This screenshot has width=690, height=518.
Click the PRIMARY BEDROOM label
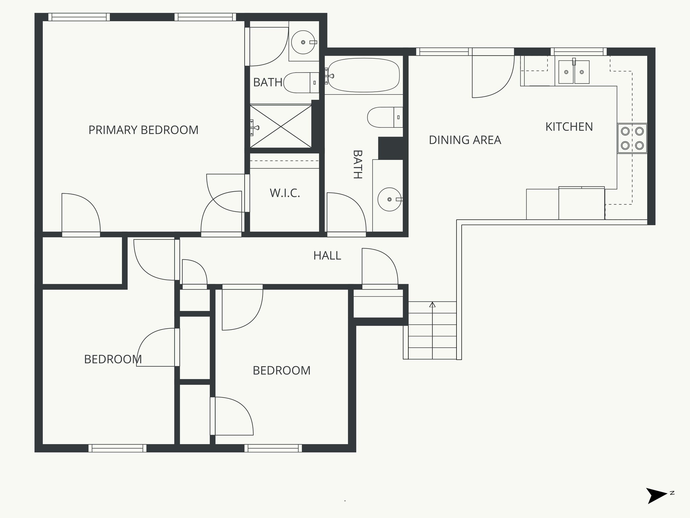click(x=143, y=130)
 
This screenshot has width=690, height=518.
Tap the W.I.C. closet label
click(x=285, y=193)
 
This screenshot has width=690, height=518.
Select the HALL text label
click(x=327, y=256)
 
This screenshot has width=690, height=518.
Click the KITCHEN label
click(x=569, y=127)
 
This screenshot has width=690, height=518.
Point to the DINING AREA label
click(x=465, y=140)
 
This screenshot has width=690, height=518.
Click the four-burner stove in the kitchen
click(x=632, y=138)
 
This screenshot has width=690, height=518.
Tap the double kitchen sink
click(x=574, y=72)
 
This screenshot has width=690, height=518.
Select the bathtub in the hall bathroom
click(x=364, y=75)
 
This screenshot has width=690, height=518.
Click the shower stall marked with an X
click(x=281, y=126)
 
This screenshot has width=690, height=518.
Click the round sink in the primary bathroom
click(x=303, y=42)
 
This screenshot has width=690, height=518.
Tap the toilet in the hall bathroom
click(x=384, y=117)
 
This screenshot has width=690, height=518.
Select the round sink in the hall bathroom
click(x=389, y=199)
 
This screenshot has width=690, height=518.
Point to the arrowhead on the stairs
click(x=432, y=305)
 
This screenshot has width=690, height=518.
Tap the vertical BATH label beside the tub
click(x=357, y=164)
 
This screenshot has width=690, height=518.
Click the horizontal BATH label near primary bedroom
click(x=268, y=82)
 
